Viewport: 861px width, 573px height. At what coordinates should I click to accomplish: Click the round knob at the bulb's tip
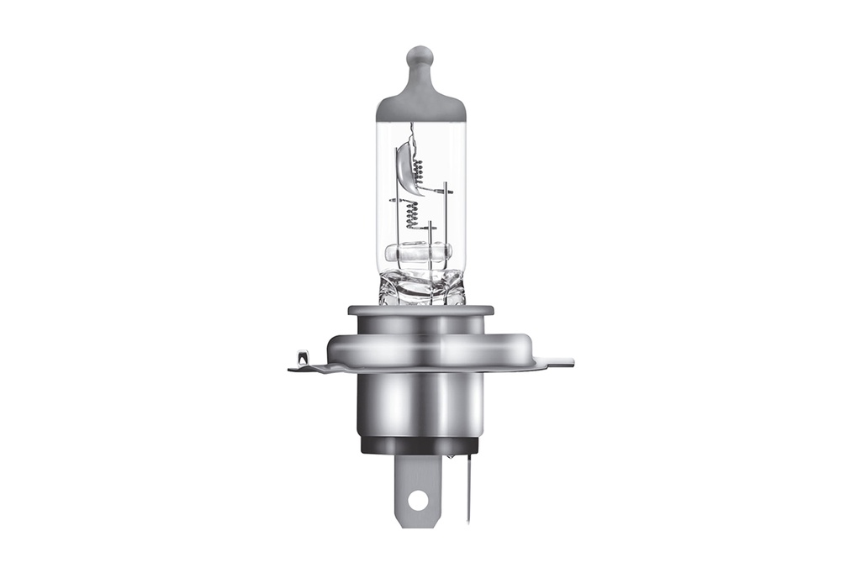pos(420,58)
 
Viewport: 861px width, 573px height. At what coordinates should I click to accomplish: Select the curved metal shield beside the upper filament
pos(404,168)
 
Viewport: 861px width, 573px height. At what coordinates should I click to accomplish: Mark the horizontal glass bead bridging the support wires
pos(418,252)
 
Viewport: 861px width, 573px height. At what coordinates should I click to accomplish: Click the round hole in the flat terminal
pos(418,500)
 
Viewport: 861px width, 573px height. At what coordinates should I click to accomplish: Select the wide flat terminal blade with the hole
pos(418,487)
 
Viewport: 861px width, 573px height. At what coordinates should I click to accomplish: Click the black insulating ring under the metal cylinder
pos(419,445)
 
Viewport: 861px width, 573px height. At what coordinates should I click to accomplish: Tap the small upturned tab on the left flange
pos(303,359)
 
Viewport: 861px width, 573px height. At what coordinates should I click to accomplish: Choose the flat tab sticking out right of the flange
pos(557,363)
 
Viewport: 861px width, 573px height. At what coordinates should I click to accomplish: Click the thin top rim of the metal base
pos(420,310)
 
